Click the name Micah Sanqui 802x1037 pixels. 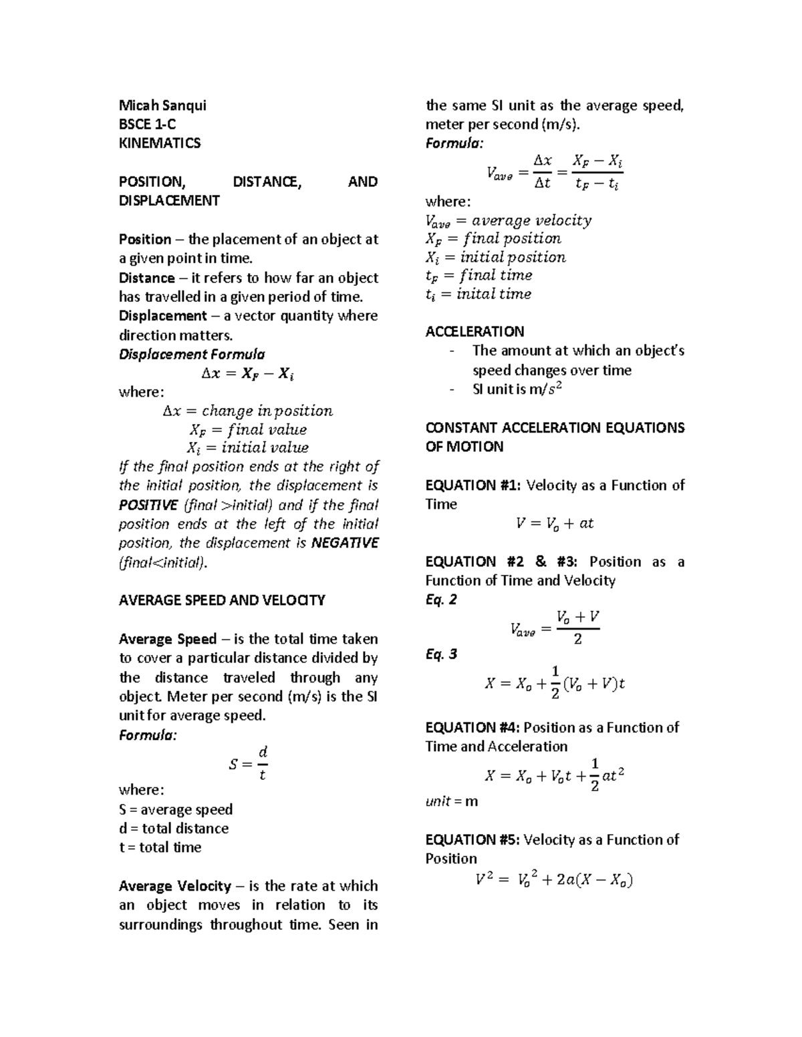[162, 105]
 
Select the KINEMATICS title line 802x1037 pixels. [159, 143]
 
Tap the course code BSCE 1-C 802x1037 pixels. [147, 124]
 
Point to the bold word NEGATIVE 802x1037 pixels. [345, 543]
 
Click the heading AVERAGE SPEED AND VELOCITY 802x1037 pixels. [221, 600]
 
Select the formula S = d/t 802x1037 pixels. [248, 764]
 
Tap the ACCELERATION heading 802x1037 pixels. [475, 332]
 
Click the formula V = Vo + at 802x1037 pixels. [555, 524]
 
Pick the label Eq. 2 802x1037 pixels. [441, 600]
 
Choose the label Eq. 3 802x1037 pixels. [441, 654]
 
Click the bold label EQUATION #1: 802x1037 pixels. [473, 485]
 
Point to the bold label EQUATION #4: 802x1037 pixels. [473, 727]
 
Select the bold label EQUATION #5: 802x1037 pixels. [473, 839]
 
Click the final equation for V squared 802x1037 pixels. [555, 880]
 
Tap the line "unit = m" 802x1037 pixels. [452, 801]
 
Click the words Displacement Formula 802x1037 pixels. [192, 354]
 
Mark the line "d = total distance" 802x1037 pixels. [174, 829]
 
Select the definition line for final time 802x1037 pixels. [479, 275]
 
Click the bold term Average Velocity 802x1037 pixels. [174, 886]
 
